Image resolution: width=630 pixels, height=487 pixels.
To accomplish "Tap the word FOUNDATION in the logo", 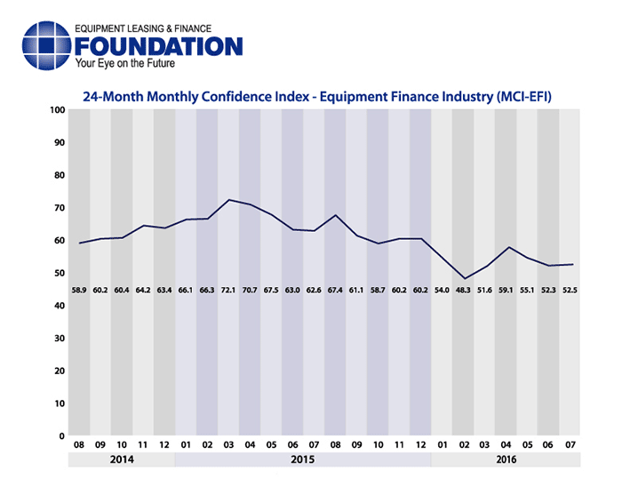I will (159, 47).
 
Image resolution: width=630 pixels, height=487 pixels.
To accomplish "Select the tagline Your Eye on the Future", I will (125, 64).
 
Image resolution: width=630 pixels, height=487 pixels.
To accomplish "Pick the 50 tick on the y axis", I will (59, 274).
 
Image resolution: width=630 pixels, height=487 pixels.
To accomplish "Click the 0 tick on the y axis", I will (61, 436).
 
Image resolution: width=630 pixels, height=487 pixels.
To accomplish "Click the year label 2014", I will (123, 460).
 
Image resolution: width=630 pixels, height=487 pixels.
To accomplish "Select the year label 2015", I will (304, 460).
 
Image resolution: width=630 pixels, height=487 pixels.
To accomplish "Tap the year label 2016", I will (506, 460).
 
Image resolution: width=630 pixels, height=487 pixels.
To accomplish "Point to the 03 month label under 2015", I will (229, 445).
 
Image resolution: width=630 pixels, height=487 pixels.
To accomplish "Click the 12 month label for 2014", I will (165, 445).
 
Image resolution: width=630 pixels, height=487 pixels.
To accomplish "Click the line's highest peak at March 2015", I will (229, 200).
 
